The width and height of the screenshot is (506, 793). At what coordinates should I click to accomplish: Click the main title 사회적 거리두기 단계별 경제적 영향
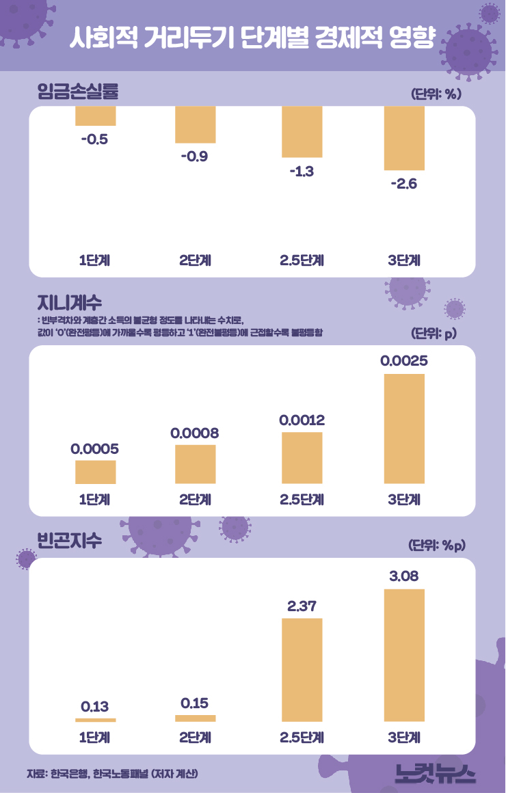pos(252,38)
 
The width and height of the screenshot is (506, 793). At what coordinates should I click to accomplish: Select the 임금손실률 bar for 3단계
pos(404,138)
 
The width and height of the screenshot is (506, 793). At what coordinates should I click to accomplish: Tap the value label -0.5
pos(94,140)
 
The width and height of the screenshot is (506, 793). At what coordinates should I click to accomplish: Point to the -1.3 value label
pos(301,172)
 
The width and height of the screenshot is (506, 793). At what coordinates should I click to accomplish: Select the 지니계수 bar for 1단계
pos(95,472)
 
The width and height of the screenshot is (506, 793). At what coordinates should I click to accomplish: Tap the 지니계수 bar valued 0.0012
pos(302,457)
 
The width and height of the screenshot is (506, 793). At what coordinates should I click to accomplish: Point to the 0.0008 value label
pos(195,433)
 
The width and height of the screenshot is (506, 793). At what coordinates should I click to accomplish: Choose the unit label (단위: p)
pos(434,334)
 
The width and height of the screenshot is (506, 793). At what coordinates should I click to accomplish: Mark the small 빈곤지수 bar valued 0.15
pos(195,718)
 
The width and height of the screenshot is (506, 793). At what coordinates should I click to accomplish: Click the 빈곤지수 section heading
pos(69,540)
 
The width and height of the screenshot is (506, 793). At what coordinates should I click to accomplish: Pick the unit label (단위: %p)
pos(436,546)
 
